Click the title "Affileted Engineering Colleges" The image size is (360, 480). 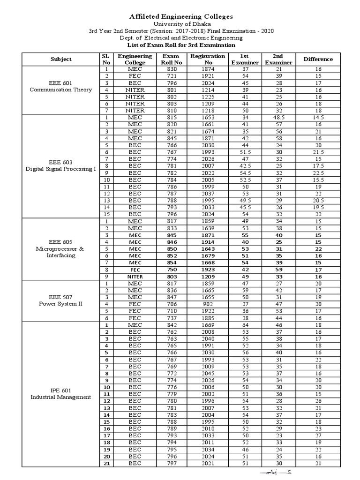pos(180,16)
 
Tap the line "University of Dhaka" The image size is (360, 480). pos(180,24)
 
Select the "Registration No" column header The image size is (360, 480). pos(202,59)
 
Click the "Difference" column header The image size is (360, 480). pos(318,59)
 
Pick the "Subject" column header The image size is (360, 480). pos(61,59)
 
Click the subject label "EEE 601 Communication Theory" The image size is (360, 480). pos(61,86)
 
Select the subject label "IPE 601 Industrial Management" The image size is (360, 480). pos(61,393)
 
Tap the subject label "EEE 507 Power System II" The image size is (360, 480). pos(61,300)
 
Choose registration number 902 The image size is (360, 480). pos(202,304)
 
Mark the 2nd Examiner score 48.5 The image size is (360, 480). pos(278,117)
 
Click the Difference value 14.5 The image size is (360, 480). pos(318,117)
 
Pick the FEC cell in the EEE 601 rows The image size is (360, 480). pos(135,76)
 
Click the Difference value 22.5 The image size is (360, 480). pos(318,172)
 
